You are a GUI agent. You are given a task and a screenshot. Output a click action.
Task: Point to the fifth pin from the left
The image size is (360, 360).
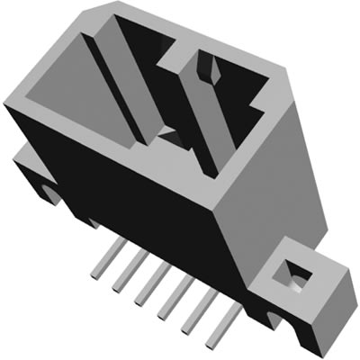(x=187, y=316)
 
